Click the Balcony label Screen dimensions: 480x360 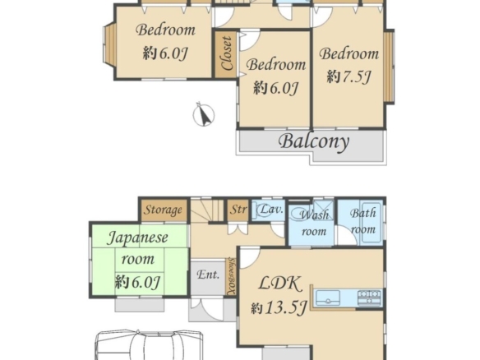coord(314,141)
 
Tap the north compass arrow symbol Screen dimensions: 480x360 coord(204,115)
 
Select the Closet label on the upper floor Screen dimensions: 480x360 coord(227,53)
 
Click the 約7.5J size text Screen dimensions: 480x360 coord(349,76)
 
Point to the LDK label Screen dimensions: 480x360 coord(281,284)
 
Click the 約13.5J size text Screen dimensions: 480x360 coord(279,307)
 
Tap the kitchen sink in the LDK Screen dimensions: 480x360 coord(328,298)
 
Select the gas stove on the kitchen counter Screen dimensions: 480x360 coord(370,298)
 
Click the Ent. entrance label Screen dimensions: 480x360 coord(208,275)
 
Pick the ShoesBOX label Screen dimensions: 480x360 coord(232,277)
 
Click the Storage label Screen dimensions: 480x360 coord(164,210)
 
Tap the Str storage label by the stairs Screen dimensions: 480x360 coord(238,210)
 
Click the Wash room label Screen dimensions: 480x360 coord(314,223)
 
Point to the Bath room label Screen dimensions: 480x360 coord(363,221)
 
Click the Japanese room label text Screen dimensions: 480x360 coord(138,248)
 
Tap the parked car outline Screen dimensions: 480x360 coord(149,344)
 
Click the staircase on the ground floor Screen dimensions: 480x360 coord(208,210)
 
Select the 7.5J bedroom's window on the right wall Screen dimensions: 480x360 coord(389,67)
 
